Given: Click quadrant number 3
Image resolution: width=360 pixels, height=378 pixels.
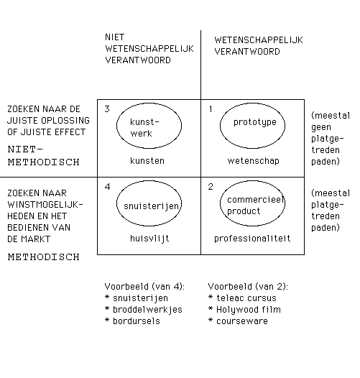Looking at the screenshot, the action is pyautogui.click(x=107, y=109).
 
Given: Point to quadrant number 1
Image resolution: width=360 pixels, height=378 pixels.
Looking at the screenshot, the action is pyautogui.click(x=211, y=109).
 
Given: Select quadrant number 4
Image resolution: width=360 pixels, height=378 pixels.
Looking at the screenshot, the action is pyautogui.click(x=108, y=187).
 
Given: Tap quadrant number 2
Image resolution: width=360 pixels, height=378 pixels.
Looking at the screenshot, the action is pyautogui.click(x=211, y=187).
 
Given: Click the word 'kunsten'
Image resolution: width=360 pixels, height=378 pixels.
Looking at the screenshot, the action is pyautogui.click(x=147, y=161).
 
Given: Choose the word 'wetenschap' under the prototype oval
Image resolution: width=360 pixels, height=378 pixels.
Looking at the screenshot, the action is pyautogui.click(x=253, y=161).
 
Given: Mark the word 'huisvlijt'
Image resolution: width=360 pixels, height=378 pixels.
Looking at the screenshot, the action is pyautogui.click(x=149, y=239).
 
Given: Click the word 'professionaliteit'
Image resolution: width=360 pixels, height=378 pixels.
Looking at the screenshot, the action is pyautogui.click(x=252, y=239).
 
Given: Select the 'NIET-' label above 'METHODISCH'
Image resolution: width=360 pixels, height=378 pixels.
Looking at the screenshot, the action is pyautogui.click(x=25, y=149).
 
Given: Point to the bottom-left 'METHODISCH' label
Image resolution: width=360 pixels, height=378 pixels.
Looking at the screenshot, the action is pyautogui.click(x=44, y=257).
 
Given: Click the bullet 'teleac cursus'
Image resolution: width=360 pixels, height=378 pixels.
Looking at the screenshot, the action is pyautogui.click(x=242, y=298).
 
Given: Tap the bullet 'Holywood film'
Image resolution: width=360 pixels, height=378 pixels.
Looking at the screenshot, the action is pyautogui.click(x=244, y=310).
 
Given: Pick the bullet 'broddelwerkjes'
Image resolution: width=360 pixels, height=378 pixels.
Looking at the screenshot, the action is pyautogui.click(x=144, y=310).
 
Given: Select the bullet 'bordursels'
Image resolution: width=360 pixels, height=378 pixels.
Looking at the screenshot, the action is pyautogui.click(x=133, y=321).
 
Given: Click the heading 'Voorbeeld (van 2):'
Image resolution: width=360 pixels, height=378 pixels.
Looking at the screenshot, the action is pyautogui.click(x=248, y=287).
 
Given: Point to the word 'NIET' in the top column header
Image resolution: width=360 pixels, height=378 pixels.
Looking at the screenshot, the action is pyautogui.click(x=115, y=37).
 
